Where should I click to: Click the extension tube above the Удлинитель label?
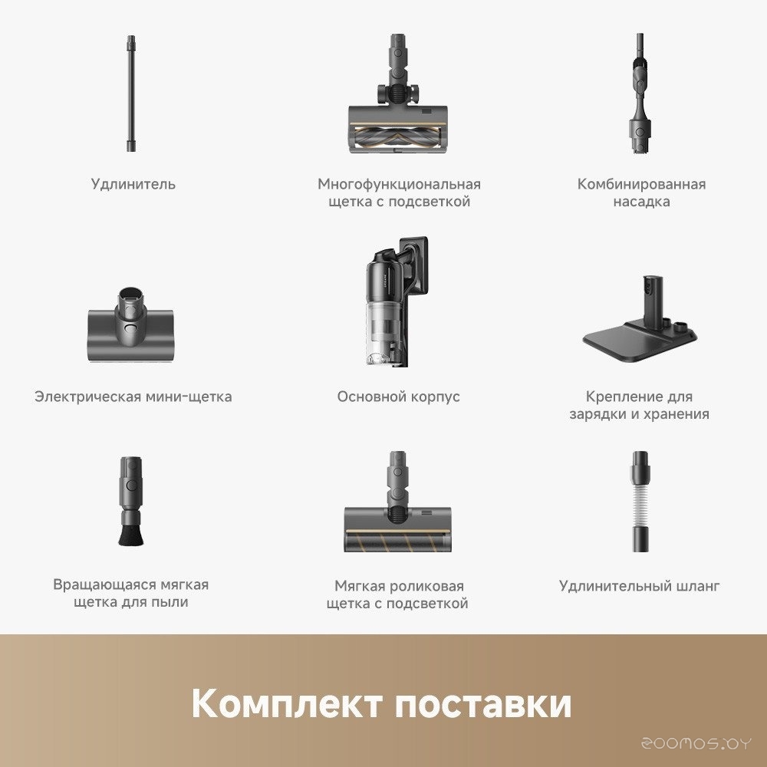(x=131, y=93)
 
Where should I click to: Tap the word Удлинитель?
(x=133, y=184)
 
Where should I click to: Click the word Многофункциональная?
(x=399, y=184)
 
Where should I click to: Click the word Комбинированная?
(x=641, y=184)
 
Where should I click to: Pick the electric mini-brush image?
(x=130, y=324)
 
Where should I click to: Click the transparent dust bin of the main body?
(x=383, y=332)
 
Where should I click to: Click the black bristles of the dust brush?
(x=130, y=535)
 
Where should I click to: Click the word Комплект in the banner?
(x=287, y=703)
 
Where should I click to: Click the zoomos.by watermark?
(x=696, y=744)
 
